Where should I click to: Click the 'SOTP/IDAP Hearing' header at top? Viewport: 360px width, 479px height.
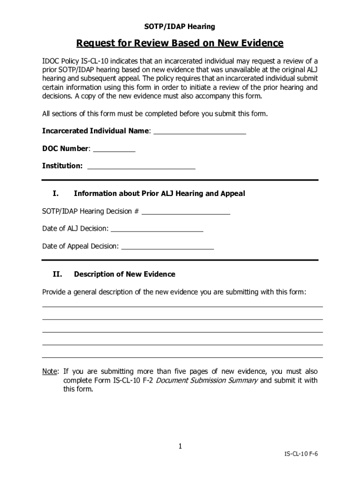point(180,27)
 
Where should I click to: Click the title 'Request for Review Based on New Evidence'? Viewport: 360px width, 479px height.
point(180,44)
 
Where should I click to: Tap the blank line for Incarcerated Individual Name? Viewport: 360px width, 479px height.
point(200,132)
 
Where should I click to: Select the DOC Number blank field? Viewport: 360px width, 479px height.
point(114,150)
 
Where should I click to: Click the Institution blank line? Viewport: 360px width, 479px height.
point(141,167)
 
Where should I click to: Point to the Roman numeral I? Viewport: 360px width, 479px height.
point(55,194)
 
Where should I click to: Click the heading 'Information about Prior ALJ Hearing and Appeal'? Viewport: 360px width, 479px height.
point(159,194)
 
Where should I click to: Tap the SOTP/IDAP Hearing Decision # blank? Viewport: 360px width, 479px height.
point(186,212)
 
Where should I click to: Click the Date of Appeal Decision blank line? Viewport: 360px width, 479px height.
point(167,247)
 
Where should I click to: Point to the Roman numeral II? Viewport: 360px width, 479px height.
point(57,274)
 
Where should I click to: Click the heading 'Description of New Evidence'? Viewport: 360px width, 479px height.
point(124,274)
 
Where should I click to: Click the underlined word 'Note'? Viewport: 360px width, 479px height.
point(50,371)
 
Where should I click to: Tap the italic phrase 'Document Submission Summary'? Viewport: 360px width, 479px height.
point(206,380)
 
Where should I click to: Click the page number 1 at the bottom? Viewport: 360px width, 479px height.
point(180,447)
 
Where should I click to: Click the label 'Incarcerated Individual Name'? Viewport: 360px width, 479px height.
point(95,131)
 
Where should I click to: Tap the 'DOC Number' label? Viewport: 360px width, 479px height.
point(65,149)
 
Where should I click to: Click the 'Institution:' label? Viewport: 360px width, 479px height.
point(62,166)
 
